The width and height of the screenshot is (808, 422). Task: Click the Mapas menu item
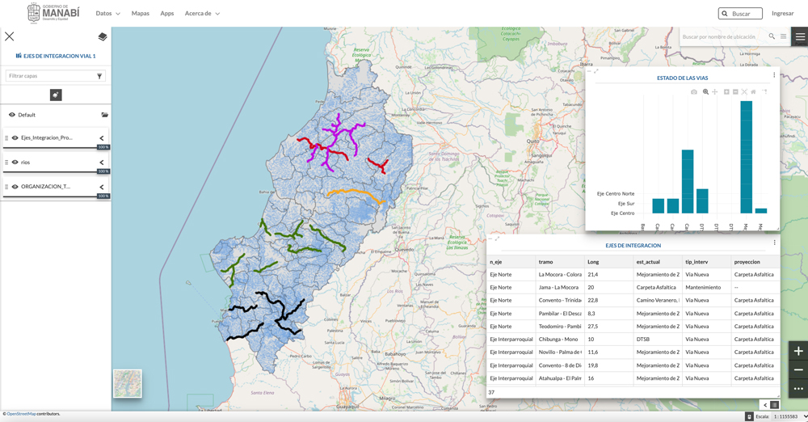(x=141, y=14)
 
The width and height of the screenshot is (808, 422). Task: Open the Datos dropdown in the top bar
(x=107, y=14)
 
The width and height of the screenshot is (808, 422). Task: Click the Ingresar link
(x=782, y=14)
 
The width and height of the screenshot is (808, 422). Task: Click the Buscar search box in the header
(x=740, y=14)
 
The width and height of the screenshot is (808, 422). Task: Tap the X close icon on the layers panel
(x=10, y=36)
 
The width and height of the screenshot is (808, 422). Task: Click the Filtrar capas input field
(x=50, y=76)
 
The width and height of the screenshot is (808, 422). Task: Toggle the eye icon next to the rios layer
(x=15, y=162)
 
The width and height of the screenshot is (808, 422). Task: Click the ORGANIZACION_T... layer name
(x=46, y=187)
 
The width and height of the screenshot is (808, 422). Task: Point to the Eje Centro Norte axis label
(x=616, y=194)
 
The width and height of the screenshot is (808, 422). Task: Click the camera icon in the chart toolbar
(x=694, y=92)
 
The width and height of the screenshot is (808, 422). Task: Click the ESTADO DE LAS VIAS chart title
(x=682, y=78)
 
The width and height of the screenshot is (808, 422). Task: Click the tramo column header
(x=546, y=262)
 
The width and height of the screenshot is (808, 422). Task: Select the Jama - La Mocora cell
(x=559, y=288)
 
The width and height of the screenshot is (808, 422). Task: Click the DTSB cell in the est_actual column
(x=643, y=340)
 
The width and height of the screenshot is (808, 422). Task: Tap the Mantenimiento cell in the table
(x=703, y=288)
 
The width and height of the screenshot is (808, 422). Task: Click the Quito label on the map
(x=532, y=141)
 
